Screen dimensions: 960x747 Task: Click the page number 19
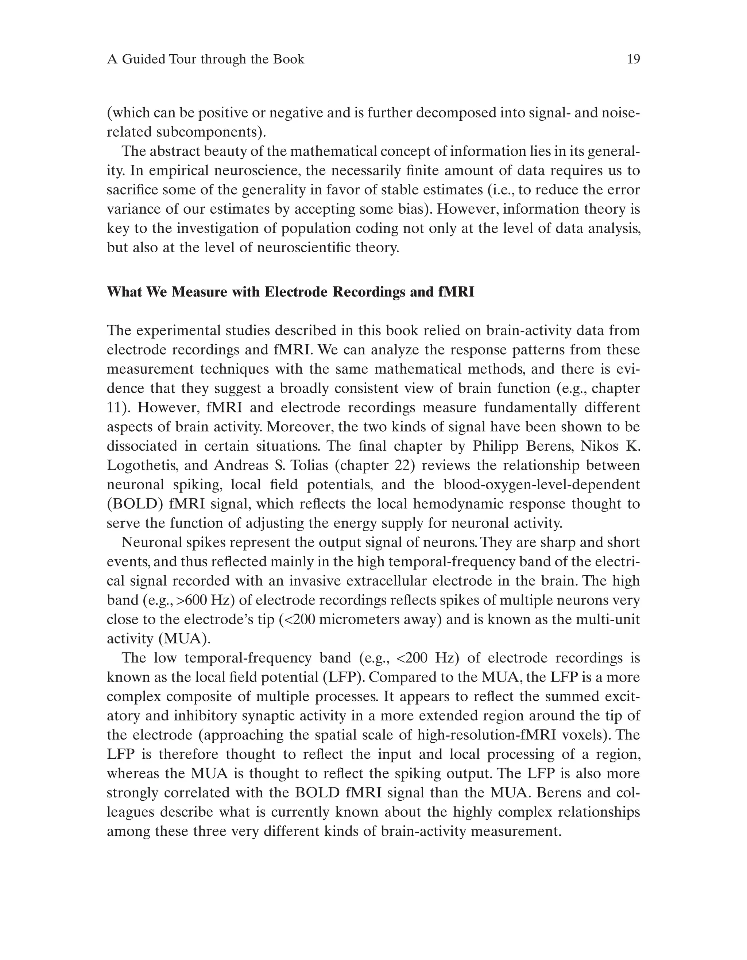point(633,59)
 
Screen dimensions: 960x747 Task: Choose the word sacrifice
point(131,190)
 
